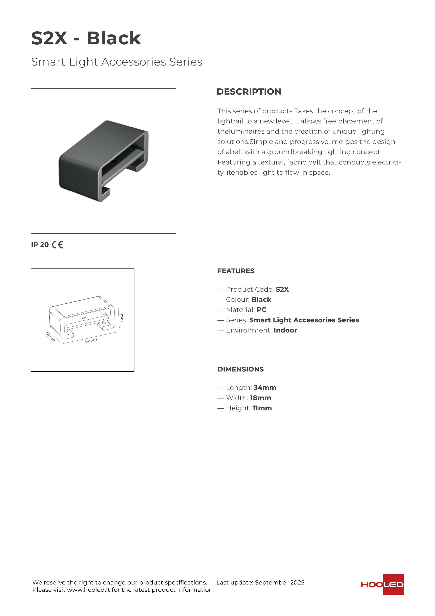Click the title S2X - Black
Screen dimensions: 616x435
(x=86, y=38)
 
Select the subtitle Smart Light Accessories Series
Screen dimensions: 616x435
(x=117, y=62)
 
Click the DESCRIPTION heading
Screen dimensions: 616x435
(x=249, y=92)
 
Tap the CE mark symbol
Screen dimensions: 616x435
(x=57, y=245)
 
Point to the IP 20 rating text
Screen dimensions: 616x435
(x=40, y=245)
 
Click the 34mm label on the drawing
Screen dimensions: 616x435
(x=91, y=341)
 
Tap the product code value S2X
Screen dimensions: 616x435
(x=282, y=290)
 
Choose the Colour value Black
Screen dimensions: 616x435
(x=261, y=300)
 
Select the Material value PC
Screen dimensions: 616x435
(x=261, y=310)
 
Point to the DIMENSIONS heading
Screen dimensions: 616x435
(x=240, y=369)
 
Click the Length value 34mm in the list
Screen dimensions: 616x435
(x=265, y=388)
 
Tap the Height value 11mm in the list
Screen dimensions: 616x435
(x=262, y=408)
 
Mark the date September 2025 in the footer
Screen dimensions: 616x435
(x=280, y=582)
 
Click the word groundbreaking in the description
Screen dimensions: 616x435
(x=295, y=152)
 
